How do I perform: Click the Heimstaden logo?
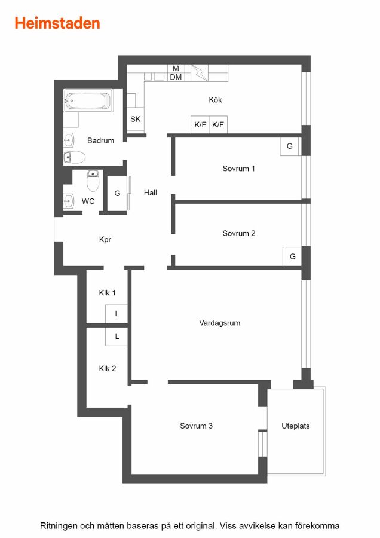[57, 23]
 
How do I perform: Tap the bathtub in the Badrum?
[88, 100]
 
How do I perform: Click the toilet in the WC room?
[93, 181]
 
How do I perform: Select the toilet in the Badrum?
[75, 157]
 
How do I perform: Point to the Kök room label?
[215, 100]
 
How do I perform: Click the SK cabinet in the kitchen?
[136, 119]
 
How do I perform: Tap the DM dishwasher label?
[176, 77]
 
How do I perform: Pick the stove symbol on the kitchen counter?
[199, 73]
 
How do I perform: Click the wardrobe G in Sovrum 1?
[289, 146]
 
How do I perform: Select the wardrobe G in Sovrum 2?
[292, 256]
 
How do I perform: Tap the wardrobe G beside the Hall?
[117, 194]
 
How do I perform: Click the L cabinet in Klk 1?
[117, 314]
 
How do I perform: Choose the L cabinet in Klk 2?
[117, 337]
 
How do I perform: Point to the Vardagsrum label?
[219, 323]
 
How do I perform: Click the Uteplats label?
[296, 426]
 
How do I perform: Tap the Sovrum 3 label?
[196, 426]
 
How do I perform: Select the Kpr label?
[105, 240]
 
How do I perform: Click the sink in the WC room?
[69, 201]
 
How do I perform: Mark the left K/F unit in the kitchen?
[200, 124]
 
